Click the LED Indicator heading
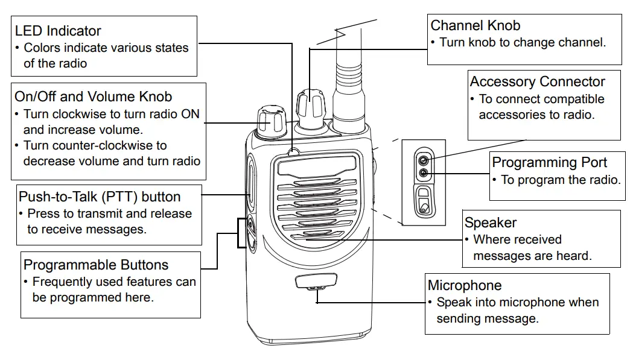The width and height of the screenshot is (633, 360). click(x=58, y=31)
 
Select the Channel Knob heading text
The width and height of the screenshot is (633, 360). click(x=475, y=25)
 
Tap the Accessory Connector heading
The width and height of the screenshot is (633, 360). click(x=537, y=81)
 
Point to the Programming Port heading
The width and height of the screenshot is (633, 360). click(x=549, y=162)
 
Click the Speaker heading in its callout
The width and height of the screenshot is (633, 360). click(x=491, y=223)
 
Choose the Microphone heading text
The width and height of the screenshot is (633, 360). click(x=465, y=285)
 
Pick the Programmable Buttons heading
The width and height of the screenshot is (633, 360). click(x=96, y=265)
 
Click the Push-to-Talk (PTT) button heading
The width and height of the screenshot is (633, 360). click(x=100, y=197)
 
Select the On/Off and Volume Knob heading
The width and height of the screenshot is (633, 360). click(x=93, y=96)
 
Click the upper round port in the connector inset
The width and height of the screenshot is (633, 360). click(x=424, y=160)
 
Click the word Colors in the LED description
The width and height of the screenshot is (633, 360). click(x=42, y=48)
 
